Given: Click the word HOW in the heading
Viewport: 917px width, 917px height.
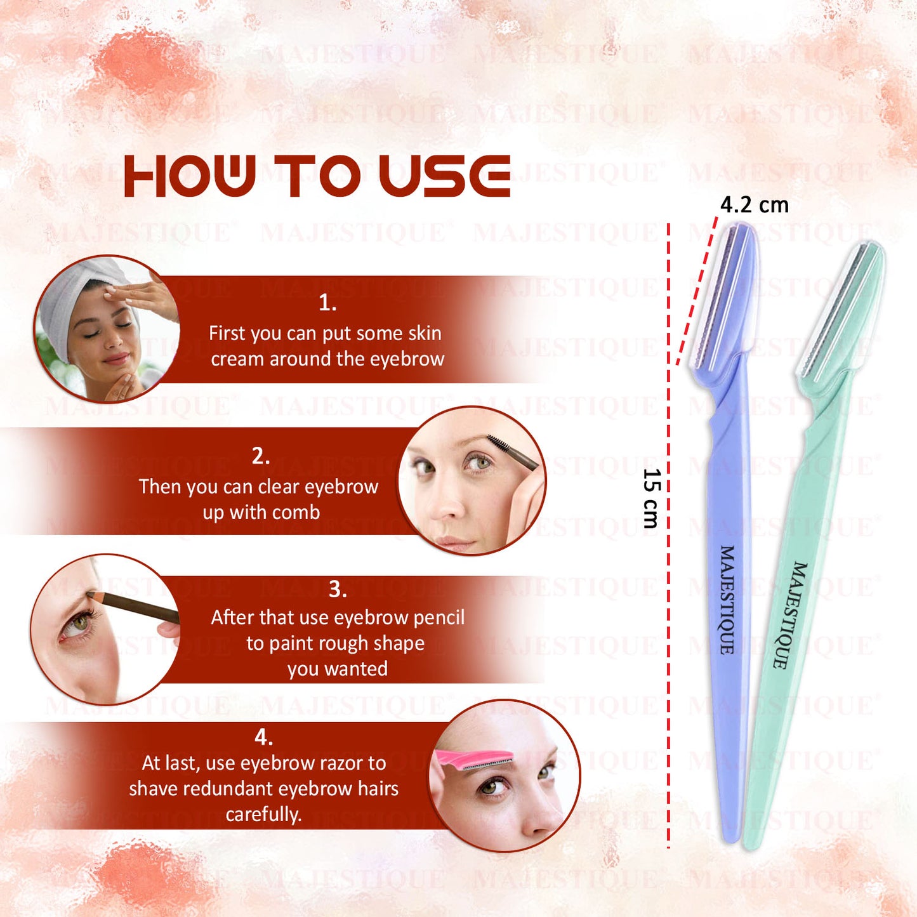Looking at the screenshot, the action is coord(190,176).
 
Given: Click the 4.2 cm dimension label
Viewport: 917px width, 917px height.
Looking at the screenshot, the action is coord(755,205).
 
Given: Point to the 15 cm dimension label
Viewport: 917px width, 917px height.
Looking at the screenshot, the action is coord(650,498).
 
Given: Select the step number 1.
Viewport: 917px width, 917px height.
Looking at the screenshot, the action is coord(327,302).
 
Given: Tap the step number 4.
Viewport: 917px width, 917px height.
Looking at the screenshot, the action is coord(263,737).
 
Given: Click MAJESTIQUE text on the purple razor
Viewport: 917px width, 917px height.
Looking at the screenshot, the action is coord(727,600).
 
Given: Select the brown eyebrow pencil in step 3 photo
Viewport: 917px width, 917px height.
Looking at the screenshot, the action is coord(133,606).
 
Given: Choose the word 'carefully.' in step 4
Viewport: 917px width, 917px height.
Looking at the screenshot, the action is coord(263,814).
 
